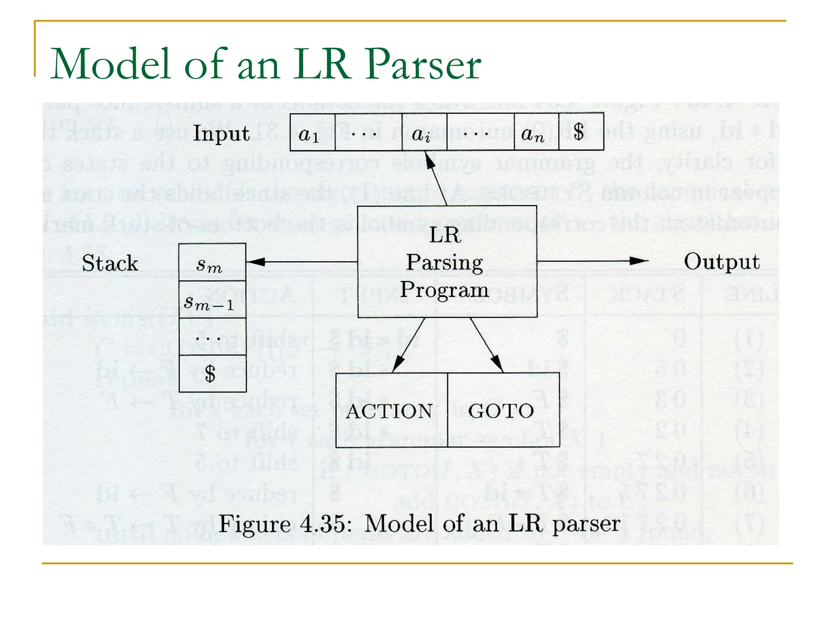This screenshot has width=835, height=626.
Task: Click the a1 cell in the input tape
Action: tap(312, 132)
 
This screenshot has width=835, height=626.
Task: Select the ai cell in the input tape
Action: tap(424, 132)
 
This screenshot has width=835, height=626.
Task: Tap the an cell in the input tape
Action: tap(536, 132)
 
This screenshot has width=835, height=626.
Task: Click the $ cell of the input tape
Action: tap(581, 132)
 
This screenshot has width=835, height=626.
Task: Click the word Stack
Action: tap(110, 263)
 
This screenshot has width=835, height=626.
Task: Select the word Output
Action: tap(721, 262)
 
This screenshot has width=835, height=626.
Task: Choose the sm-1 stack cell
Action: tap(212, 300)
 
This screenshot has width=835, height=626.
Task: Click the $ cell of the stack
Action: tap(212, 374)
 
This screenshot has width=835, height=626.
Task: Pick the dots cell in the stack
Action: tap(212, 337)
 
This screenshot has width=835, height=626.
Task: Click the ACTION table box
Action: tap(391, 410)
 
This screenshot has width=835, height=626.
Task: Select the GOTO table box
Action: tap(502, 410)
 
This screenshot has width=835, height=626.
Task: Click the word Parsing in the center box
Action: tap(444, 262)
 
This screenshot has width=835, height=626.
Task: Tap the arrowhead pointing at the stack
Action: tap(255, 262)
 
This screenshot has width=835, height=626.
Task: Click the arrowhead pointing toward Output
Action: tap(639, 261)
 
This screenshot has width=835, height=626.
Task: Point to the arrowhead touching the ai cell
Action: tap(429, 160)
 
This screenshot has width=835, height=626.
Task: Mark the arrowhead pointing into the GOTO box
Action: tap(497, 363)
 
